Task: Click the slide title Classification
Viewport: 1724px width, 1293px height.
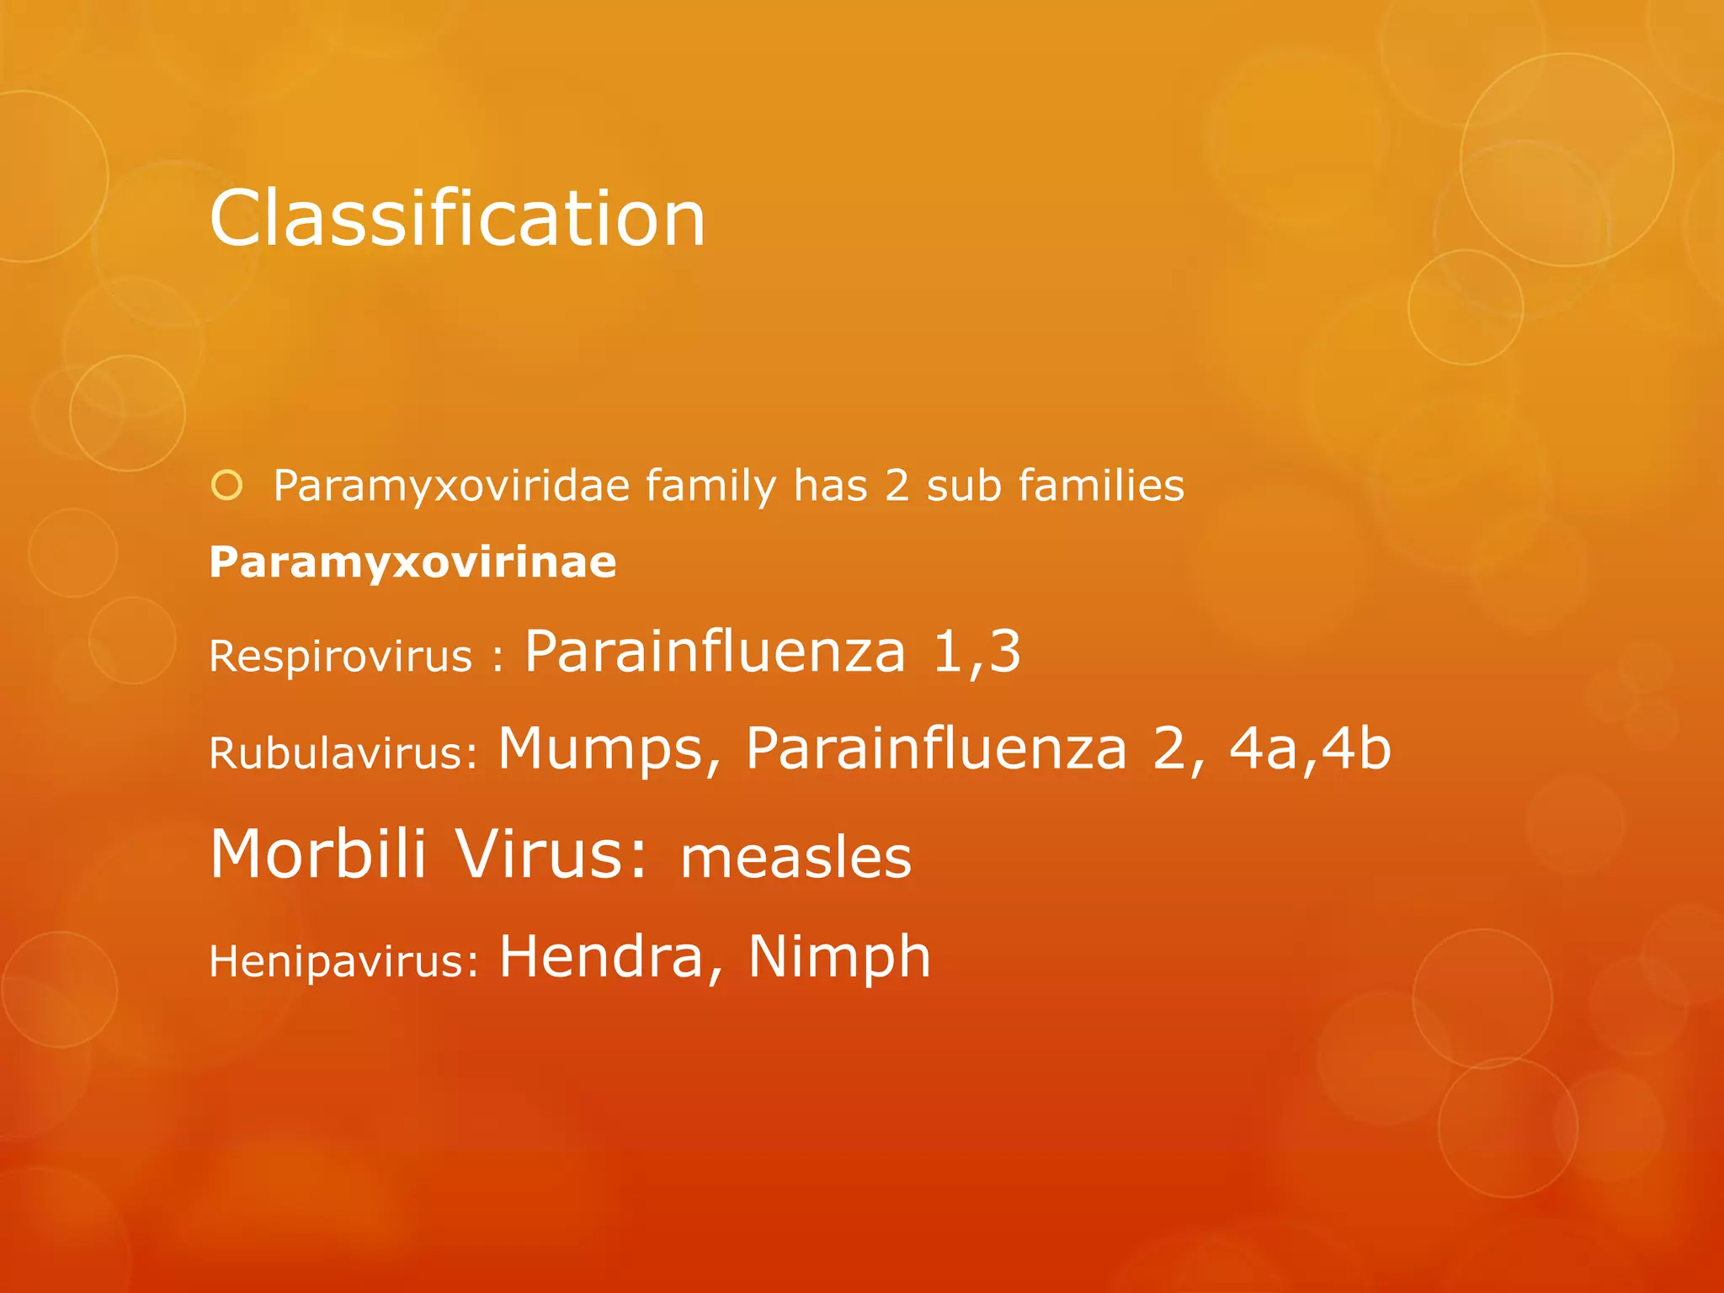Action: [x=457, y=219]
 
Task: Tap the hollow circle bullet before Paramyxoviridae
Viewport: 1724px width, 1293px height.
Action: [x=227, y=486]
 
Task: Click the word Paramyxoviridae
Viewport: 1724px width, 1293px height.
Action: [x=451, y=487]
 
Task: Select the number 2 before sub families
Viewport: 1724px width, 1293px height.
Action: [x=897, y=487]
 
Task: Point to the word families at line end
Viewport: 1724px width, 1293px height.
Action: [x=1101, y=487]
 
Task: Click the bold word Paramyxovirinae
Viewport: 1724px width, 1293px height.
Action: [x=412, y=561]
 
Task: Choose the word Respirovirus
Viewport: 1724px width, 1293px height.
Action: [x=340, y=656]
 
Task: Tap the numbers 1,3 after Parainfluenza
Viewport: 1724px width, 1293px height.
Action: [x=976, y=652]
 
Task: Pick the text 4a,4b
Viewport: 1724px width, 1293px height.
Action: [x=1310, y=748]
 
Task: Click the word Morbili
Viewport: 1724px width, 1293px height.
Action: [x=318, y=854]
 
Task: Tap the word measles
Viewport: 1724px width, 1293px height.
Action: [x=795, y=858]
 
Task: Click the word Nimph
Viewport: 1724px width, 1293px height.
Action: [x=839, y=957]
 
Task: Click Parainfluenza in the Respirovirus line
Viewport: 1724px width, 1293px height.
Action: [x=715, y=652]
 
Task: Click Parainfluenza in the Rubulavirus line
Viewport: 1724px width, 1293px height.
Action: [x=935, y=748]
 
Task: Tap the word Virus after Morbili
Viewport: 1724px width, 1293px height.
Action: [x=551, y=854]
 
